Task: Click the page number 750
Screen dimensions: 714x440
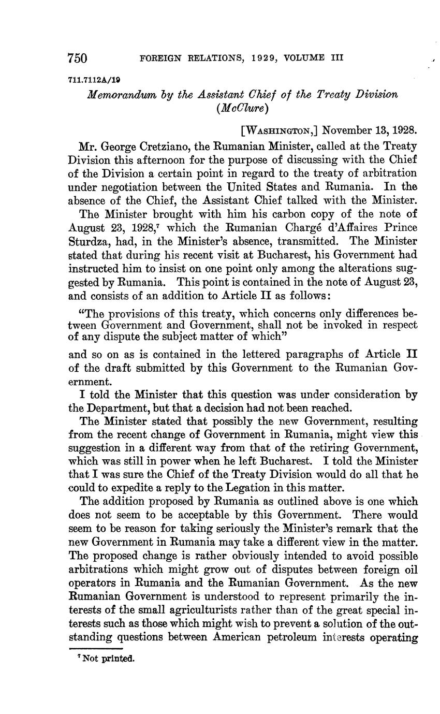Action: click(x=79, y=58)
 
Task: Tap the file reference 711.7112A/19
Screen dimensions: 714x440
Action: click(x=91, y=80)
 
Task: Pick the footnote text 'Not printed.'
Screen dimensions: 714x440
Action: click(x=105, y=659)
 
